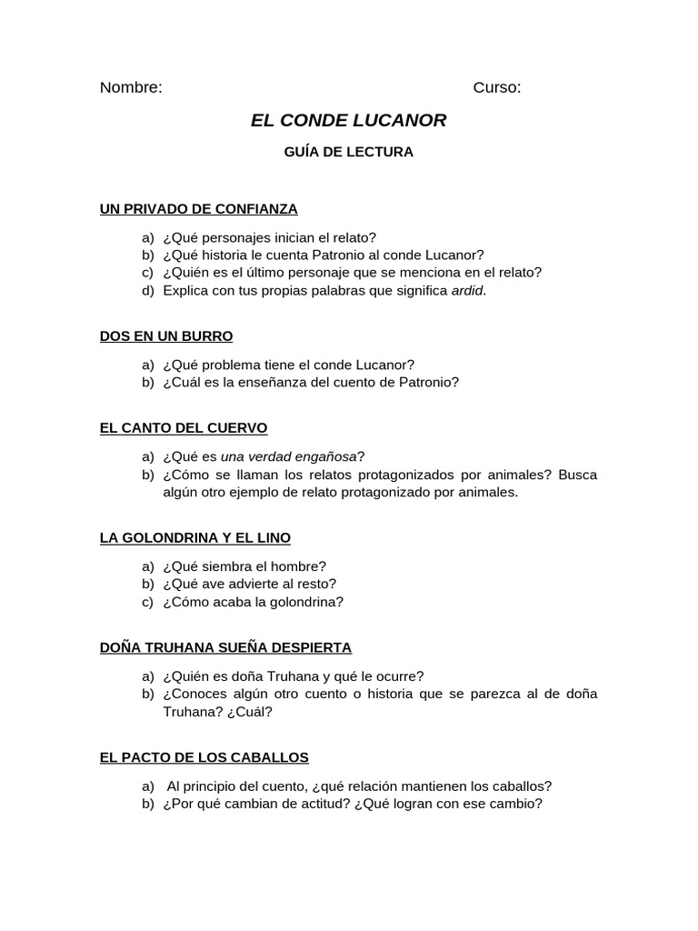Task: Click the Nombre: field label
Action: (x=131, y=88)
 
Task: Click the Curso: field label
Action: (x=497, y=88)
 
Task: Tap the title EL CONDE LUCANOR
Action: (x=348, y=120)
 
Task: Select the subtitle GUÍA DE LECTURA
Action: (x=349, y=152)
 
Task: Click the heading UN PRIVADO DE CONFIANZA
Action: (x=198, y=209)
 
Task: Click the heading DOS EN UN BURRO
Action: (x=166, y=336)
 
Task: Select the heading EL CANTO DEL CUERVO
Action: (x=184, y=428)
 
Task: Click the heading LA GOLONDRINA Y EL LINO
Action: (x=194, y=538)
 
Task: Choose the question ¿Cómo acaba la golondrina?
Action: (x=253, y=602)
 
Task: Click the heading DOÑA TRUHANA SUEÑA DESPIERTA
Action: (x=225, y=648)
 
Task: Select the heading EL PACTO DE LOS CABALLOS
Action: (x=204, y=757)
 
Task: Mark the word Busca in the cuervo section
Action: (x=578, y=475)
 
